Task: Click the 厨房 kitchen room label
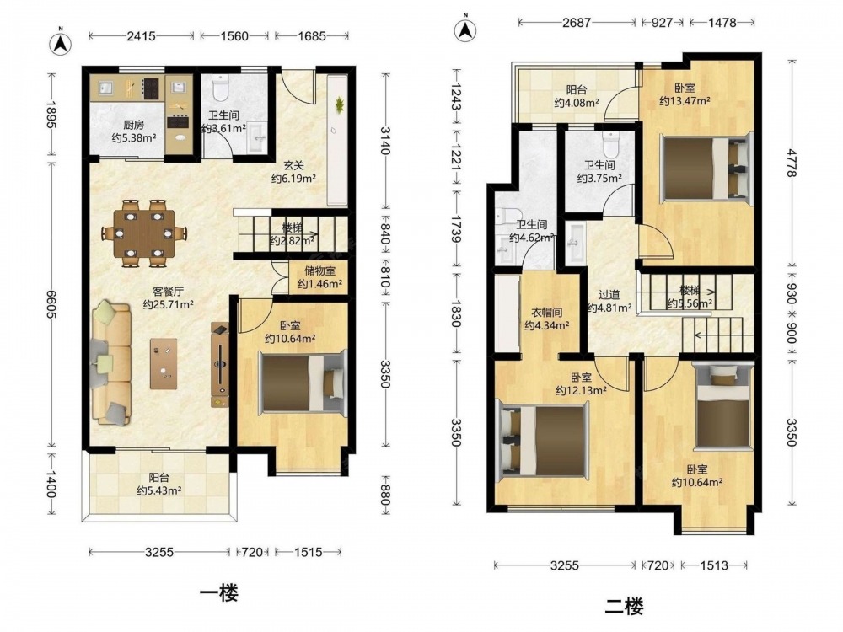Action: [133, 126]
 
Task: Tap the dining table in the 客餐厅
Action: [144, 233]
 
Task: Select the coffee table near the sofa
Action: [164, 363]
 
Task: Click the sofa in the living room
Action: [111, 364]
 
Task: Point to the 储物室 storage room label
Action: [319, 271]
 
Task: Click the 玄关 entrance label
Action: [294, 166]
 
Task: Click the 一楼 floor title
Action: [219, 594]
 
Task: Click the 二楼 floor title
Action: [624, 608]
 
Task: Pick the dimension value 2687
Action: [577, 23]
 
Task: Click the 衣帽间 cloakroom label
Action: [547, 313]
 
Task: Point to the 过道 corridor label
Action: [609, 295]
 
